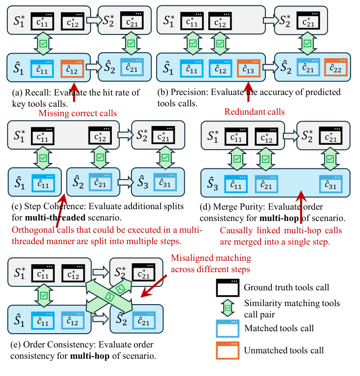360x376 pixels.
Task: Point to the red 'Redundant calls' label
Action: pos(255,112)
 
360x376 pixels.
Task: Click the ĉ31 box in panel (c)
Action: pos(164,182)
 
